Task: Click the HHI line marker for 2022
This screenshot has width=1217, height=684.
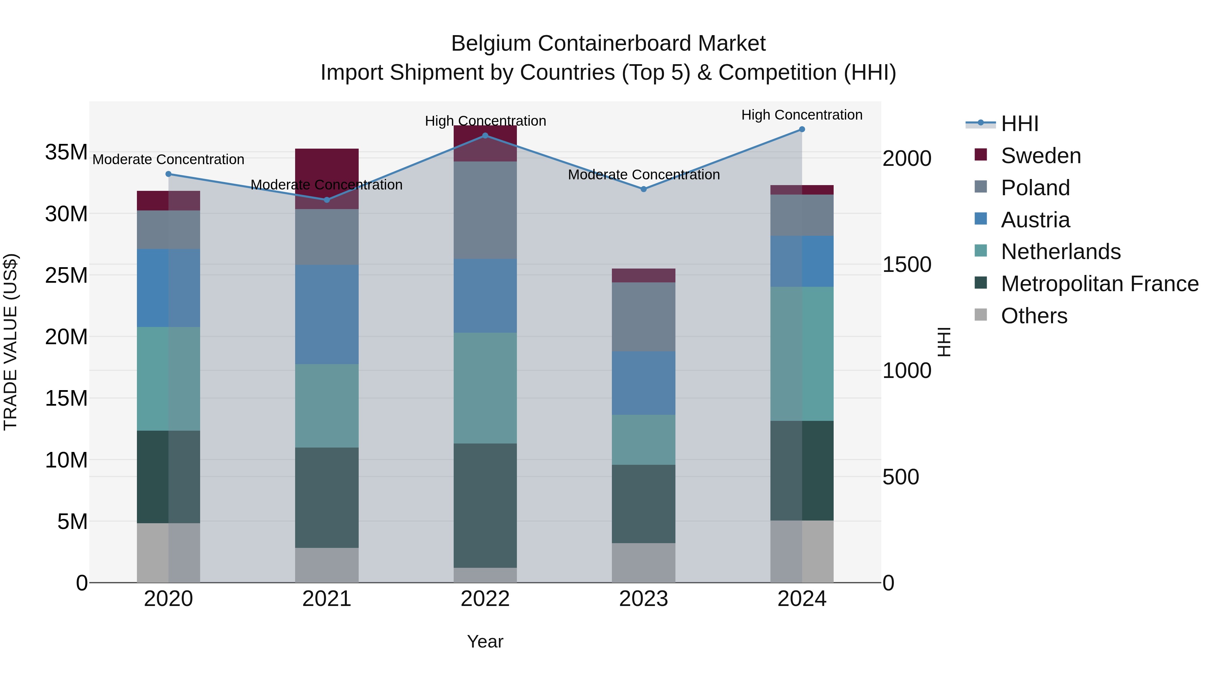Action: (x=485, y=136)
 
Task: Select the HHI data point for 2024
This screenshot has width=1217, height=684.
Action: (x=802, y=129)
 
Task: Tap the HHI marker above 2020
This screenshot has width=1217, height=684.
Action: (x=169, y=174)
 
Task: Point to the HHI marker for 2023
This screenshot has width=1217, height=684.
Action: (x=643, y=189)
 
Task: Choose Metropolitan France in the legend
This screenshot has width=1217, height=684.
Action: (x=1099, y=284)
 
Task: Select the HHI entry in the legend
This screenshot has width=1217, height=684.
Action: (x=1020, y=124)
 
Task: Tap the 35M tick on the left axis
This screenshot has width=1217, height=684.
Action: (x=66, y=152)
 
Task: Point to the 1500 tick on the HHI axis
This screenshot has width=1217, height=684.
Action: (x=907, y=265)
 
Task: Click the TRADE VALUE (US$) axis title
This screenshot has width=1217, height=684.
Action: (x=10, y=342)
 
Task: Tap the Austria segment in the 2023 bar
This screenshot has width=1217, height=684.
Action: (x=643, y=383)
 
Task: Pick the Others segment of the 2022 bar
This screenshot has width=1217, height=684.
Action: (x=485, y=575)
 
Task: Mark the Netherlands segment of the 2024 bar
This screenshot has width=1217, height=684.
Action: (x=802, y=354)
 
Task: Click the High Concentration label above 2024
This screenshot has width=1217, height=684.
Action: (x=802, y=115)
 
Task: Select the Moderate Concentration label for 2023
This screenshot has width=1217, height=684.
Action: (x=643, y=175)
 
